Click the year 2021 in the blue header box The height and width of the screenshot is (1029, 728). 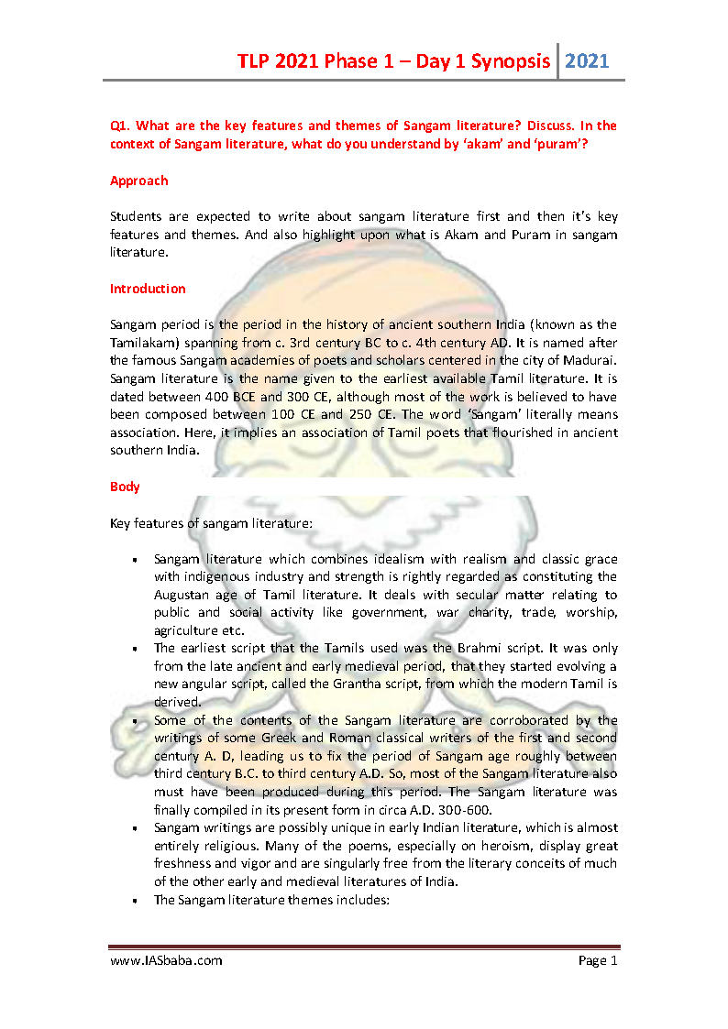coord(587,61)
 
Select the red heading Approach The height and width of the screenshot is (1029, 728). coord(138,181)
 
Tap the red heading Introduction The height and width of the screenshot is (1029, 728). coord(148,289)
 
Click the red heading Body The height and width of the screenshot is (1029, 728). coord(125,487)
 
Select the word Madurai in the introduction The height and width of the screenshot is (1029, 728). coord(590,360)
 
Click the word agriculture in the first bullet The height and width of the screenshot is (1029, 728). coord(189,629)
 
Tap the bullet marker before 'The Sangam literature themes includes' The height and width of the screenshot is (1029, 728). coord(134,900)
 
